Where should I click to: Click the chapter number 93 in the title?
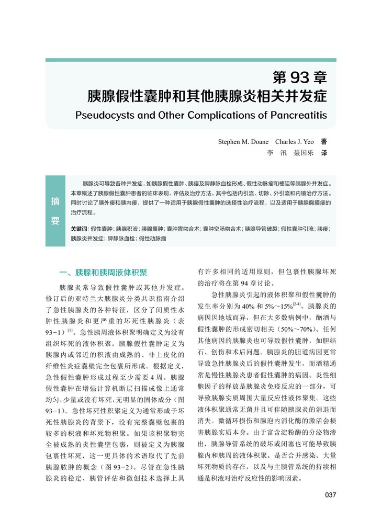coord(297,78)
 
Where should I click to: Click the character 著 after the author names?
coord(324,141)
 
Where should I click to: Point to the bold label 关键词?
coord(79,229)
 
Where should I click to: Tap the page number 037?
coord(330,495)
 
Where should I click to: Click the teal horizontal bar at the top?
coord(190,60)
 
